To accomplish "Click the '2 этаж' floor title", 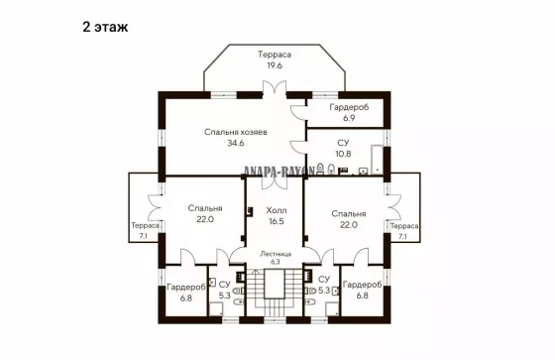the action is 105,27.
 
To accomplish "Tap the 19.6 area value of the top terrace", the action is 275,65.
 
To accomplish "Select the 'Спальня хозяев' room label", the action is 236,132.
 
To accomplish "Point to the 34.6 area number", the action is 236,143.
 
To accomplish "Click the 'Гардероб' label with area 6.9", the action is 349,107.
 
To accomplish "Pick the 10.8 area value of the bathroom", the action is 343,154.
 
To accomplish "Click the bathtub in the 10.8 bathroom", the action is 377,160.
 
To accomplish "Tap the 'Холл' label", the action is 277,210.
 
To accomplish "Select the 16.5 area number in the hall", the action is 277,221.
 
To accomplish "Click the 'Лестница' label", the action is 276,254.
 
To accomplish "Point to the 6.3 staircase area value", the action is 276,262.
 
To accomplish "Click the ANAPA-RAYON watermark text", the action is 279,172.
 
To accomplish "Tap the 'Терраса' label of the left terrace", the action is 145,225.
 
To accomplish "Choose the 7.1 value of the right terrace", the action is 402,236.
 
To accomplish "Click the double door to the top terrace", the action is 275,89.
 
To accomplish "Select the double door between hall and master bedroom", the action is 275,181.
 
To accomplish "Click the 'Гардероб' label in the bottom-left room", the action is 186,288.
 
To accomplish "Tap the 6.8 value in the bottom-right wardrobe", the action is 362,296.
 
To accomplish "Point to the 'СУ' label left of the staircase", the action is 224,285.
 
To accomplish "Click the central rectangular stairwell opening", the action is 275,284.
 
